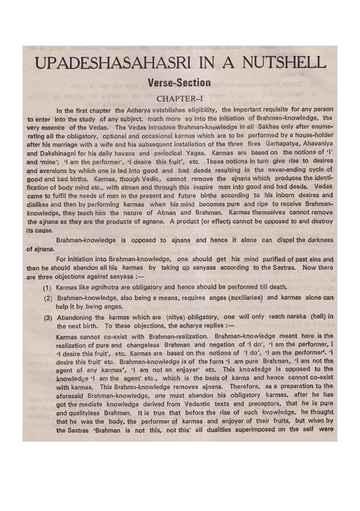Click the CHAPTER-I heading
click(x=179, y=98)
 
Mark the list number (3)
click(x=48, y=316)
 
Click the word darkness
click(x=316, y=241)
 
